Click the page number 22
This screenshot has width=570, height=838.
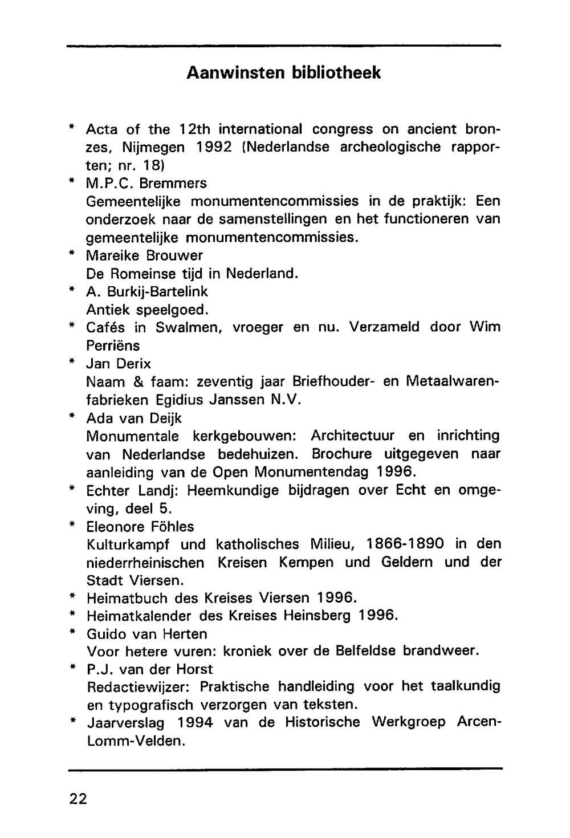tap(78, 799)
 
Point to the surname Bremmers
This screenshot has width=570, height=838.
tap(173, 184)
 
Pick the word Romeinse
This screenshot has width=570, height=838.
tap(140, 274)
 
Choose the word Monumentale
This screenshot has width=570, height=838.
tap(132, 436)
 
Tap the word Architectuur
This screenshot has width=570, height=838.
tap(352, 436)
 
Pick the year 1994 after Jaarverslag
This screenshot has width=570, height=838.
tap(195, 723)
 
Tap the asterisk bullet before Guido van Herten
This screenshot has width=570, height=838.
tap(73, 632)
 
